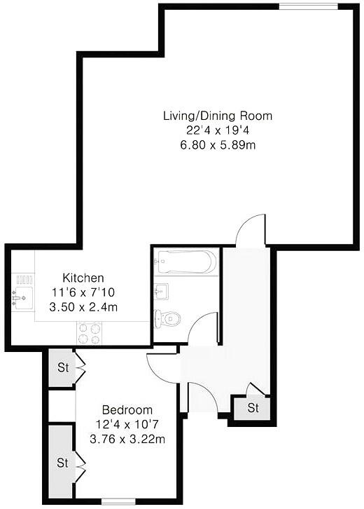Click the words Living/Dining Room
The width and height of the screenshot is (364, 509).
(217, 116)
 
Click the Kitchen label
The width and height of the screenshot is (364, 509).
(83, 278)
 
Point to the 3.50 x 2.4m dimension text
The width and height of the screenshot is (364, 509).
(83, 306)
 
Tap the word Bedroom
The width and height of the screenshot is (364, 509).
(127, 410)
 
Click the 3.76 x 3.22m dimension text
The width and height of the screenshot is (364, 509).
(127, 440)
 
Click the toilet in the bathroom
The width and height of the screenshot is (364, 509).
(169, 319)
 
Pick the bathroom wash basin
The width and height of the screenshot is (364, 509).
(159, 290)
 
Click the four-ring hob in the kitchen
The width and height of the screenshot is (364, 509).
(90, 332)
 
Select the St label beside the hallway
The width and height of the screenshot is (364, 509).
(253, 407)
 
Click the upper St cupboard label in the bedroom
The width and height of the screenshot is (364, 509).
(62, 367)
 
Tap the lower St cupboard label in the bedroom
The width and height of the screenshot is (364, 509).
(62, 463)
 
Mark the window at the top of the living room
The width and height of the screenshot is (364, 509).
(309, 7)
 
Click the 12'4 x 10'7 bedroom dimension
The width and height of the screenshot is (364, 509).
(127, 425)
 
